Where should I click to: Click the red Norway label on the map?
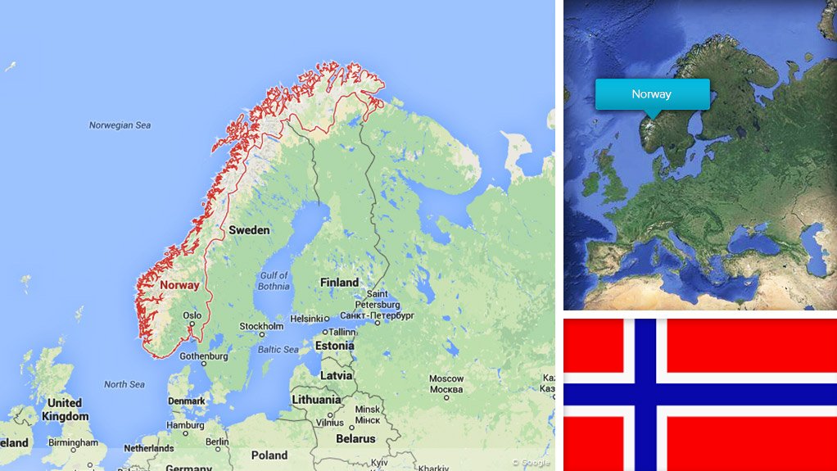coord(179,286)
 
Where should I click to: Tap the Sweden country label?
coord(249,230)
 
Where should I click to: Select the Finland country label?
coord(339,283)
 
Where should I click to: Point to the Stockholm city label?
coord(261,326)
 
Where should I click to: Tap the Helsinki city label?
coord(307,319)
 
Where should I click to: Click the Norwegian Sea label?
coord(120,125)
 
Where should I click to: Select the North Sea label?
coord(124,384)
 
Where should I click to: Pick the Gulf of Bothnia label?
coord(274,281)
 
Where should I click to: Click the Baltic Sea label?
coord(278,350)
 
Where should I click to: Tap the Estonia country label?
coord(334,346)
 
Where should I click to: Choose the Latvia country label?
coord(337,375)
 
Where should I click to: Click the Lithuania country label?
coord(316,400)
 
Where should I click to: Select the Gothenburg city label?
coord(204,356)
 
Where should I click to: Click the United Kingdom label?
coord(65,410)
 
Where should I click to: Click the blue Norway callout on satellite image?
coord(652,94)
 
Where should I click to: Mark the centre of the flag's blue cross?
coord(645,394)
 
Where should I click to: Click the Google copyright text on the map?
coord(531,462)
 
